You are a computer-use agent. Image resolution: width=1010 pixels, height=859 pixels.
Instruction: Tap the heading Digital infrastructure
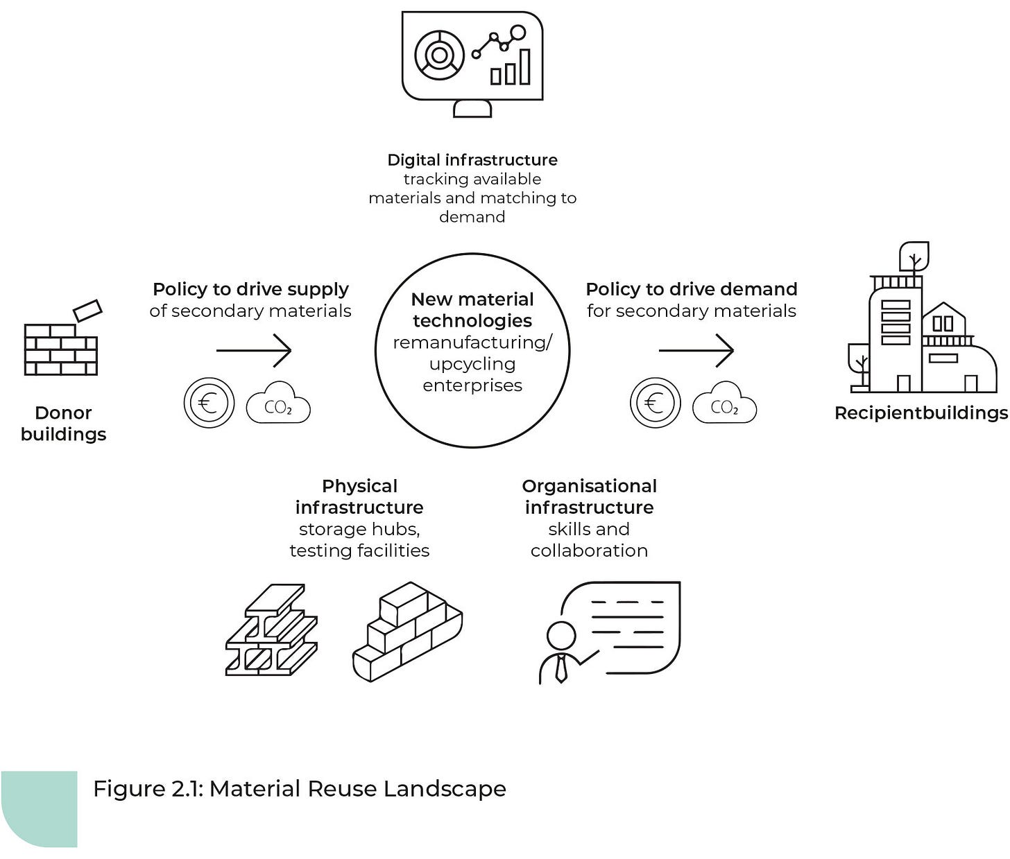point(472,160)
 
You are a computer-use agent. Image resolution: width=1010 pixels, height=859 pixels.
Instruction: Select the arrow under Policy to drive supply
point(254,350)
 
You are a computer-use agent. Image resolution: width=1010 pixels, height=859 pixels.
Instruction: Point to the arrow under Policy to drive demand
point(696,350)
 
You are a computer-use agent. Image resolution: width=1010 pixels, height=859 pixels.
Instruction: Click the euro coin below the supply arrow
point(209,403)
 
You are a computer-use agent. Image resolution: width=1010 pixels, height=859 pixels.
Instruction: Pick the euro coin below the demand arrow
point(655,403)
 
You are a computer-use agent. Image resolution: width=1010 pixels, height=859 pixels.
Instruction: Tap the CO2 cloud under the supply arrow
point(278,404)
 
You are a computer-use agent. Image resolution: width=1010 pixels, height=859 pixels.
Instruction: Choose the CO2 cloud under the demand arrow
point(724,404)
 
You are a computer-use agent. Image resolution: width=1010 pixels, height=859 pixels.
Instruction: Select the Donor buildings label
point(63,424)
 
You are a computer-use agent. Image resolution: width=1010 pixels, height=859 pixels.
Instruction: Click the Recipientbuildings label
point(921,413)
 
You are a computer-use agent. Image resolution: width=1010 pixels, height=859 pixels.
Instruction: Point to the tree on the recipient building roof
point(914,257)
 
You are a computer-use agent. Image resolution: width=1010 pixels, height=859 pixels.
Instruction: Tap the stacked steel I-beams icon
point(271,630)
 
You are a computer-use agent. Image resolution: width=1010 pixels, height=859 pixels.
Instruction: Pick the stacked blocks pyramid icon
point(407,632)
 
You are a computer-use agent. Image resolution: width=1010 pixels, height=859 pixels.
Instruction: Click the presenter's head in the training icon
point(560,635)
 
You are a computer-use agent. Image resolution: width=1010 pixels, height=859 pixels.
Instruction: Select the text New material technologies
point(472,310)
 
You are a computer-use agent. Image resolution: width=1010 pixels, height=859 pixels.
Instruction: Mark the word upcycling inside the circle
point(472,364)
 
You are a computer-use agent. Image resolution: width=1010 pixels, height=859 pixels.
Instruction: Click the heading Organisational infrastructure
point(589,496)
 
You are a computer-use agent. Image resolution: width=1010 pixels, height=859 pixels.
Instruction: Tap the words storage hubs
point(359,530)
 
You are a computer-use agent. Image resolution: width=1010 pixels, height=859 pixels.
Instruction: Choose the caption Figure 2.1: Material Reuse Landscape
point(300,789)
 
